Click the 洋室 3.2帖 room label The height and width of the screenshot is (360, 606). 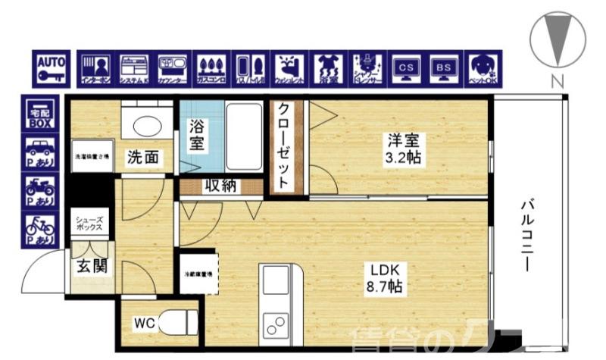click(x=405, y=149)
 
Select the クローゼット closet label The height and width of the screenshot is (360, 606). click(x=283, y=146)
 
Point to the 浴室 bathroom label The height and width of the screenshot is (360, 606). click(x=196, y=136)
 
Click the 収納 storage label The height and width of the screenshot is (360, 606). click(x=218, y=185)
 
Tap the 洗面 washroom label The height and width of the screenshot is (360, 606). click(x=142, y=158)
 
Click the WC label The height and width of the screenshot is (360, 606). click(x=145, y=324)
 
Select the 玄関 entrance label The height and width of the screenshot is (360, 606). click(x=91, y=266)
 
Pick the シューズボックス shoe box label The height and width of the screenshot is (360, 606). click(x=91, y=224)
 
